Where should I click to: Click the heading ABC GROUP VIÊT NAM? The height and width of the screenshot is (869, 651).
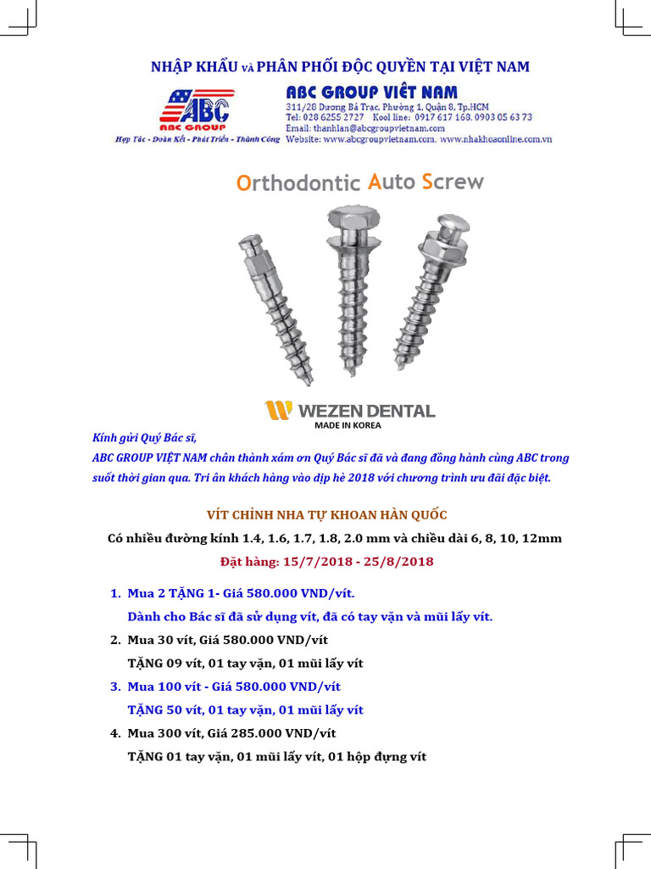coord(371,92)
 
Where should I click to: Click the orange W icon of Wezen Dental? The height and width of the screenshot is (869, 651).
coord(278,411)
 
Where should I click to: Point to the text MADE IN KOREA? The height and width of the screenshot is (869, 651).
coord(348,426)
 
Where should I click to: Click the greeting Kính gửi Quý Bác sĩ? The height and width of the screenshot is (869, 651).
coord(144,438)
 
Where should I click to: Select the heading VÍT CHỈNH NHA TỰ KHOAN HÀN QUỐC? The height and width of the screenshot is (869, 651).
coord(327,515)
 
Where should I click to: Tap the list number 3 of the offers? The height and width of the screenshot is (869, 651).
coord(115,687)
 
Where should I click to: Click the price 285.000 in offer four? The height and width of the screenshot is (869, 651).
coord(259,733)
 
